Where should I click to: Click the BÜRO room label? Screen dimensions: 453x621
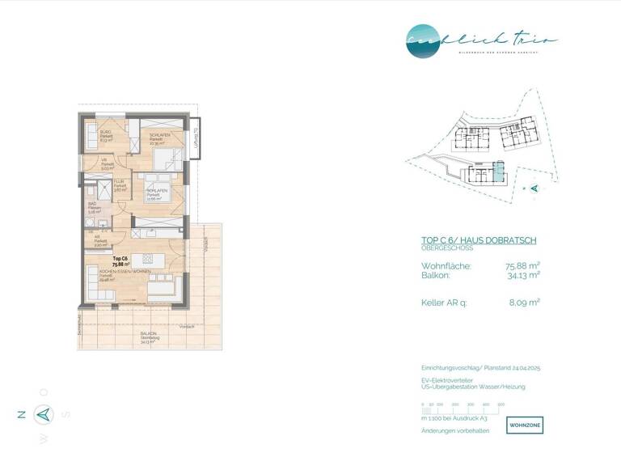pos(106,134)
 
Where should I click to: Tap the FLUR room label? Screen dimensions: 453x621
pos(119,185)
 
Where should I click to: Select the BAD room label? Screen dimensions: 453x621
pos(93,207)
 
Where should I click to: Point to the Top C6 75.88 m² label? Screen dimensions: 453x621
pos(122,261)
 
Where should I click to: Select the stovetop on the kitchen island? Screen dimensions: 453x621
pos(148,259)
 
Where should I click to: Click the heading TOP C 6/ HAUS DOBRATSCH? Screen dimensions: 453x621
pos(479,240)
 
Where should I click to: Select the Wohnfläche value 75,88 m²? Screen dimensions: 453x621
pos(522,265)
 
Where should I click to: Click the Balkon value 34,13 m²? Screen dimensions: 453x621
pos(522,274)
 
